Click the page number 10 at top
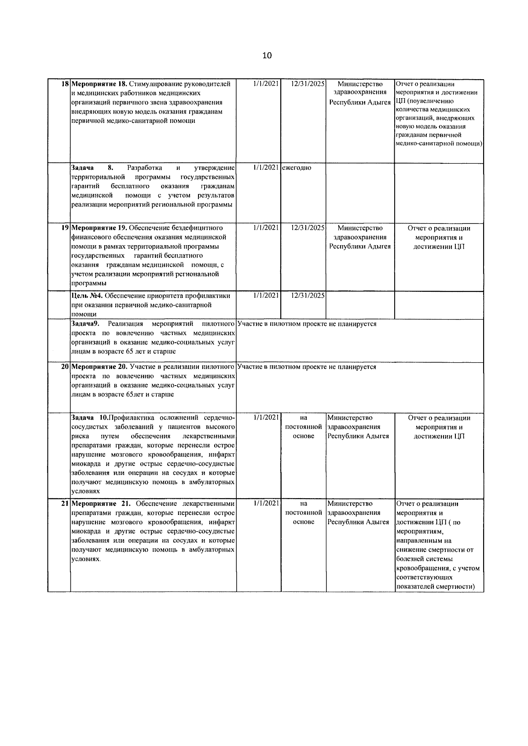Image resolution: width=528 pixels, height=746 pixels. (x=267, y=55)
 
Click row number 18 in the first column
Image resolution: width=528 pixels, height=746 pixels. (x=65, y=84)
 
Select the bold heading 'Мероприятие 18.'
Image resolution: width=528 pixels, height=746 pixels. (x=99, y=84)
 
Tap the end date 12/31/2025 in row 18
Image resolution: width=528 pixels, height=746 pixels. (x=308, y=84)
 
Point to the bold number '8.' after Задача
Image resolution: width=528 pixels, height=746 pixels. (x=110, y=168)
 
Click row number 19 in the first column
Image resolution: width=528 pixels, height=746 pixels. (x=65, y=228)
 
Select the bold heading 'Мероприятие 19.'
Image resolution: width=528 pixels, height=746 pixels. (x=99, y=228)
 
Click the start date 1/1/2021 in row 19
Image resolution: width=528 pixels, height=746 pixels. (x=266, y=228)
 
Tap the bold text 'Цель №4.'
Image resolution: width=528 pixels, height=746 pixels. (x=87, y=296)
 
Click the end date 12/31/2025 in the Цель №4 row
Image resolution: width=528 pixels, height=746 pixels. (x=308, y=295)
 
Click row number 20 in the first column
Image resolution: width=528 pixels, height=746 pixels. (x=65, y=367)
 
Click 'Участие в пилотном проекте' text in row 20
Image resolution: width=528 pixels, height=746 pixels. (x=282, y=367)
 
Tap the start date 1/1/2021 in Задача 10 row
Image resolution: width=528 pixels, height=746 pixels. (x=266, y=417)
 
